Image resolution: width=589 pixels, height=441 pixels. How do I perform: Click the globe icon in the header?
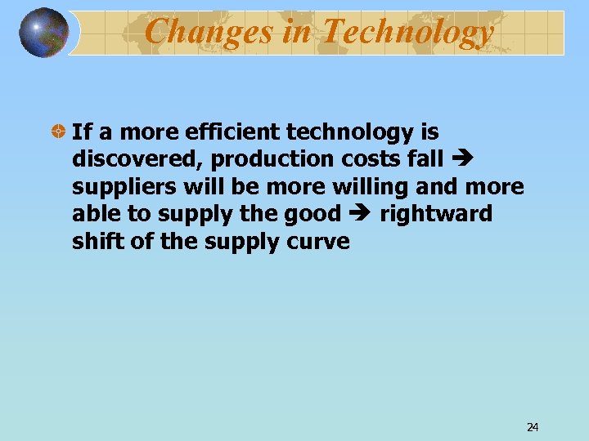(x=44, y=32)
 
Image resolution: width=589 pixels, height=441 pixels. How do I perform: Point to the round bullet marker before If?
(x=59, y=131)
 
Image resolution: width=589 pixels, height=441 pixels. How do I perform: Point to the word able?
(x=95, y=214)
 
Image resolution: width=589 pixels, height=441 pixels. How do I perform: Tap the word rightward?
(x=436, y=214)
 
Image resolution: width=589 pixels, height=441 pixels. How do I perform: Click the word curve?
(x=322, y=243)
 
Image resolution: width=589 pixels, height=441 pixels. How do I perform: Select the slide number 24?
(x=533, y=426)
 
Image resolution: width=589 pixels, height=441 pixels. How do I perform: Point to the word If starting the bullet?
(x=80, y=131)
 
